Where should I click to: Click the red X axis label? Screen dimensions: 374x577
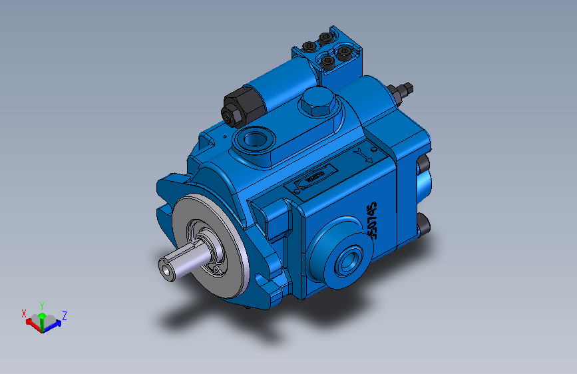[x=25, y=313]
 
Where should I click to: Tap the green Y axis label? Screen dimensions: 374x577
[x=41, y=304]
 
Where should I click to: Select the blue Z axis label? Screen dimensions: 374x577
[x=64, y=314]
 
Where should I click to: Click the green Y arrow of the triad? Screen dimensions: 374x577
[x=41, y=317]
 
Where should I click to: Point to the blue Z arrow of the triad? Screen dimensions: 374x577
[x=55, y=323]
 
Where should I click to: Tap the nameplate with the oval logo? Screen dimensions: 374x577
[x=313, y=178]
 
